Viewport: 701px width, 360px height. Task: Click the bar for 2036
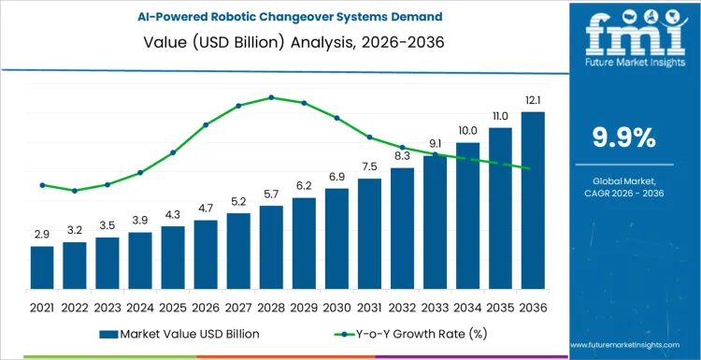tap(533, 200)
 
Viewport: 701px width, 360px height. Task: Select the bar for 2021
tap(42, 266)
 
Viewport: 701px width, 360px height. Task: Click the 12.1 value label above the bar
tap(533, 100)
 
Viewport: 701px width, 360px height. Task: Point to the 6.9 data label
tap(336, 177)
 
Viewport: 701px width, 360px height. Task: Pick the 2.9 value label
tap(42, 234)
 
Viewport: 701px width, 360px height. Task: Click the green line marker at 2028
tap(271, 97)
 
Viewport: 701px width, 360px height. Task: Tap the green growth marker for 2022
tap(75, 191)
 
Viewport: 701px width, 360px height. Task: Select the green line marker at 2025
tap(173, 152)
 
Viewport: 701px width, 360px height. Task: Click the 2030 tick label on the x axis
tap(336, 306)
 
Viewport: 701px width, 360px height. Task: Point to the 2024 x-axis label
tap(140, 306)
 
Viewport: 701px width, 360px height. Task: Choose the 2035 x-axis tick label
tap(500, 306)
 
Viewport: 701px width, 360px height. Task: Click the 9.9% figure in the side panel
tap(624, 138)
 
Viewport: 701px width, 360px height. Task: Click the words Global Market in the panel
tap(624, 180)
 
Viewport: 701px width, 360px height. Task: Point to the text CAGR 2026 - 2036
tap(624, 193)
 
